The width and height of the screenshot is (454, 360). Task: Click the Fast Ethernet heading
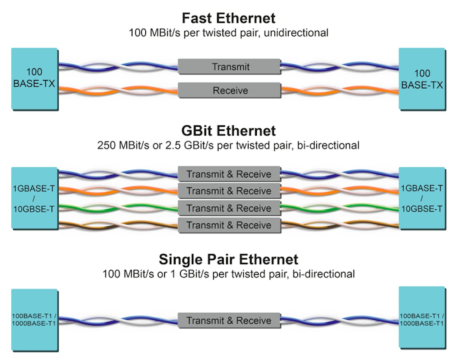pyautogui.click(x=228, y=18)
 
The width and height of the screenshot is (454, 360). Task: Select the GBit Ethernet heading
pyautogui.click(x=228, y=131)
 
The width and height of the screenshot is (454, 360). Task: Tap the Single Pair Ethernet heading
pyautogui.click(x=228, y=260)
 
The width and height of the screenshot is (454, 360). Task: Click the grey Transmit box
pyautogui.click(x=229, y=67)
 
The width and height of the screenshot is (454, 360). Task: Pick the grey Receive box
pyautogui.click(x=229, y=91)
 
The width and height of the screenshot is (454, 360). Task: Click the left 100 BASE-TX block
pyautogui.click(x=34, y=79)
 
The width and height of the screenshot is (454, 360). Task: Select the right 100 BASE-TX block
pyautogui.click(x=421, y=79)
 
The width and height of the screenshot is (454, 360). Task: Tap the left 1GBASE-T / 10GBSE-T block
pyautogui.click(x=34, y=198)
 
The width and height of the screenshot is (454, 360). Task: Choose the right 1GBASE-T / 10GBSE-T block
pyautogui.click(x=421, y=198)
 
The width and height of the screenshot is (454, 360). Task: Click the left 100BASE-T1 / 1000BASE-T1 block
pyautogui.click(x=34, y=320)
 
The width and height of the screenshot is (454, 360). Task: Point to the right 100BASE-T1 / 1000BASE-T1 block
pyautogui.click(x=421, y=318)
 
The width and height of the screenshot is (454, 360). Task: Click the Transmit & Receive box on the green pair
pyautogui.click(x=229, y=208)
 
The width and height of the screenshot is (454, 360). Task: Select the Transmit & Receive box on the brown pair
pyautogui.click(x=229, y=225)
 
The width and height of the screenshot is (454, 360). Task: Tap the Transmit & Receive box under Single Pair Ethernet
pyautogui.click(x=229, y=321)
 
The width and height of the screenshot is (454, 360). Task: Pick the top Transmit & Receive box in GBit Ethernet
pyautogui.click(x=229, y=174)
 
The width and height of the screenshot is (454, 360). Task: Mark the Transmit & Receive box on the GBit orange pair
pyautogui.click(x=229, y=191)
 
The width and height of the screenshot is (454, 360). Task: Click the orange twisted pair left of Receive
pyautogui.click(x=117, y=90)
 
